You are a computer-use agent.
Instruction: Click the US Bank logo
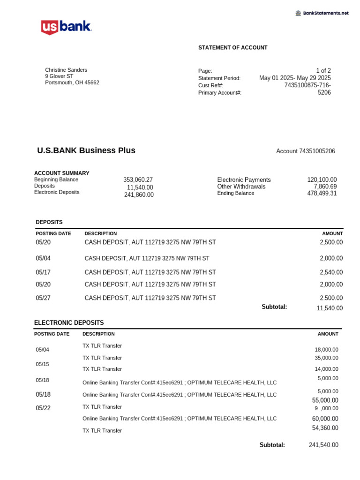[66, 27]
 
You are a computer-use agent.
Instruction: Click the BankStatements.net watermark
[322, 13]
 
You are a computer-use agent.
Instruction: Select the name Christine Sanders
[66, 70]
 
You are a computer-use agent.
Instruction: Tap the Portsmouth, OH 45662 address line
[72, 82]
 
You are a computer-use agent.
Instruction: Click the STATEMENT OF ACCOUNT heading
[232, 48]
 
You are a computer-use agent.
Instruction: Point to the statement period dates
[295, 78]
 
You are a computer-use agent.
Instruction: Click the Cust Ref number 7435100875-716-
[307, 85]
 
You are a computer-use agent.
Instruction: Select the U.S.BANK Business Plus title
[86, 150]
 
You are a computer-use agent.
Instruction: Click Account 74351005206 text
[306, 151]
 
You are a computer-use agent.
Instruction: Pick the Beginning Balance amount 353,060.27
[138, 180]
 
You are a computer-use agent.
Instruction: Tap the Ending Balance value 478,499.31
[319, 193]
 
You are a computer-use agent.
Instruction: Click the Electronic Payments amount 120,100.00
[322, 180]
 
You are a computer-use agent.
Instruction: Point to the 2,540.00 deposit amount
[331, 272]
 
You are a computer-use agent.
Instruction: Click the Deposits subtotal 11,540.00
[330, 308]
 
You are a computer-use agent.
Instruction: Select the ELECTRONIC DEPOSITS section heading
[69, 323]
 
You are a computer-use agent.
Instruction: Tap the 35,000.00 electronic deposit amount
[326, 358]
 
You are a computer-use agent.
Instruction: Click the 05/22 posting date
[43, 408]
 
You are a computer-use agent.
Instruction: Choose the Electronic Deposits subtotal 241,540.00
[323, 445]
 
